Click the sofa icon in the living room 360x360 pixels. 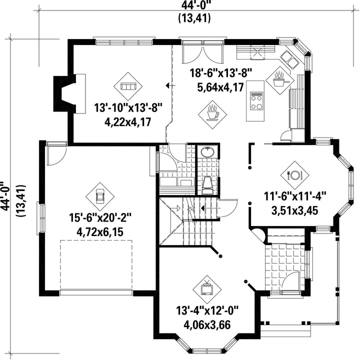point(128,86)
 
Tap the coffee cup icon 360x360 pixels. point(212,113)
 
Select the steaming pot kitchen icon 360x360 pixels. point(279,79)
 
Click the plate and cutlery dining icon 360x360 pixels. point(295,175)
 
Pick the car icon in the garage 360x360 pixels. point(100,196)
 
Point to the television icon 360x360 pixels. point(207,288)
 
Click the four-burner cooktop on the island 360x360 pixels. point(256,101)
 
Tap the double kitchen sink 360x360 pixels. point(289,59)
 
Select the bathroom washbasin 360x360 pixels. point(207,152)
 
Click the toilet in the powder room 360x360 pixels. point(208,185)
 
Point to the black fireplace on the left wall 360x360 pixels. point(61,93)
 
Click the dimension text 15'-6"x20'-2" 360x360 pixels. point(100,217)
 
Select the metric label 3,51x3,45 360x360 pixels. point(294,210)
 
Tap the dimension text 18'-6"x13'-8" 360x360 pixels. point(220,73)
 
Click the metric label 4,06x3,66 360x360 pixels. point(207,325)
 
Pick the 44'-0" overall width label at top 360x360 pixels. point(194,5)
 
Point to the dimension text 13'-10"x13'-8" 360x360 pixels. point(128,107)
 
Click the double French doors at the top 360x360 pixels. point(203,53)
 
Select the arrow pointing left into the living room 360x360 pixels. point(170,85)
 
